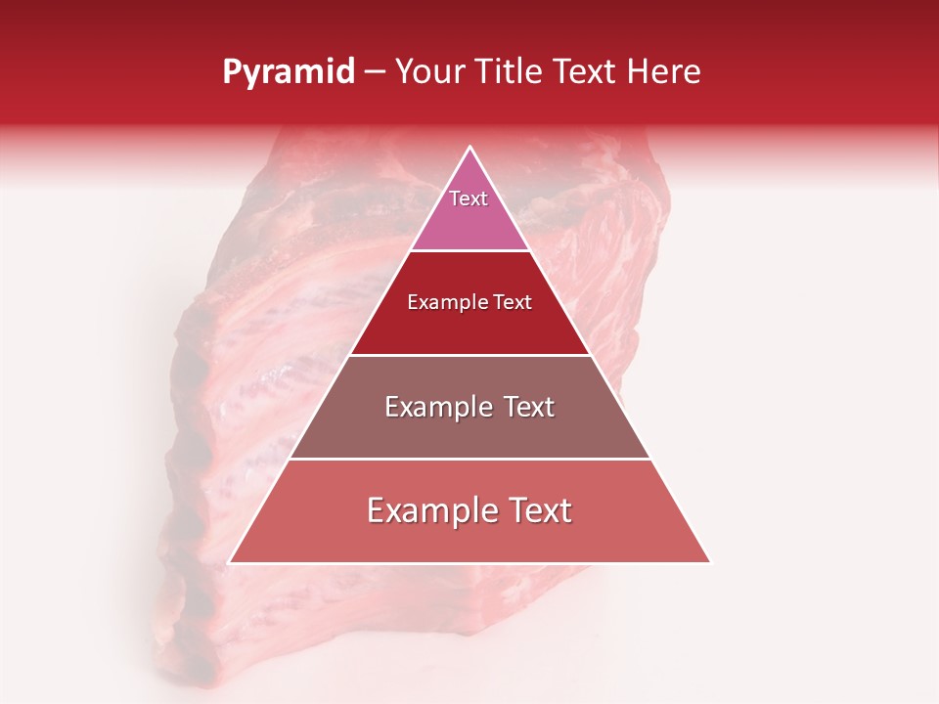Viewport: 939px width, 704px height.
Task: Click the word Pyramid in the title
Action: point(288,72)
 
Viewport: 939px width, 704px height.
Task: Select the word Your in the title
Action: point(427,72)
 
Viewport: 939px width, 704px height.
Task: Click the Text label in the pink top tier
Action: point(469,198)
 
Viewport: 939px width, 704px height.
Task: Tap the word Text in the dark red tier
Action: point(511,303)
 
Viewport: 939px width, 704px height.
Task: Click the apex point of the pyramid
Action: point(469,148)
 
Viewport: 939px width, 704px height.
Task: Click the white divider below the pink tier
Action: point(469,250)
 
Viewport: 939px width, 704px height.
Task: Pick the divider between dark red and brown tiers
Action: point(469,354)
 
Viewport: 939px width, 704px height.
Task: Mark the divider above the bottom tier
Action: point(469,459)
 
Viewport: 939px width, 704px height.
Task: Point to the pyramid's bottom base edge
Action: point(469,563)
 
